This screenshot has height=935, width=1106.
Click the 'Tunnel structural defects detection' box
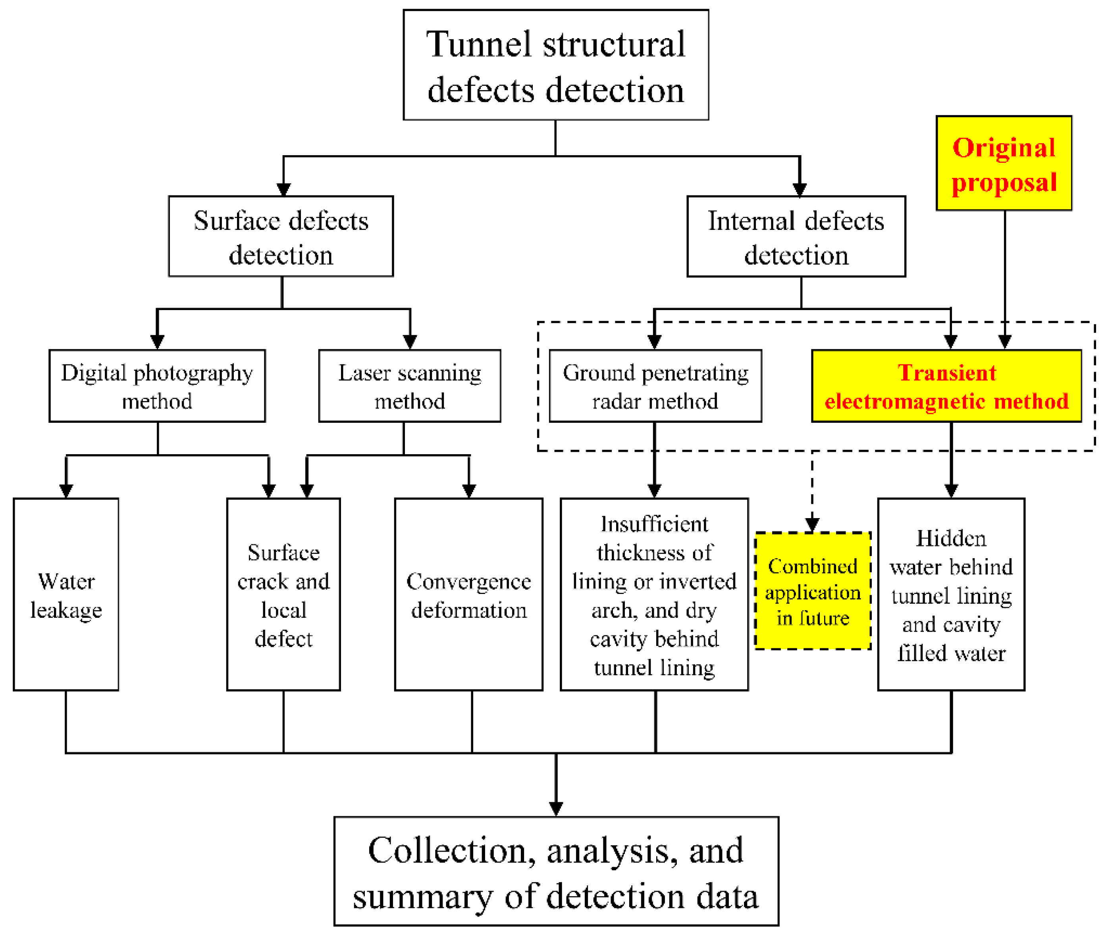[555, 65]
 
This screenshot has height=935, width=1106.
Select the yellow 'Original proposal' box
[1003, 163]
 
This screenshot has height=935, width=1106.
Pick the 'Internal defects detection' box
[796, 236]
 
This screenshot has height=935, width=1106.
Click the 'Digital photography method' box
[157, 386]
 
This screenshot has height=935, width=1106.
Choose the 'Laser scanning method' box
[409, 386]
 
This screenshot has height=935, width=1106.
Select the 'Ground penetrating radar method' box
[655, 386]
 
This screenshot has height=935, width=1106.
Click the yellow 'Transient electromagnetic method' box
[946, 386]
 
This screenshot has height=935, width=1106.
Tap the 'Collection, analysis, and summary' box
[555, 871]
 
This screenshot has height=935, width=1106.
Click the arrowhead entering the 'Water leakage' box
[66, 491]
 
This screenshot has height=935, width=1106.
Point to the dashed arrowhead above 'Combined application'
[812, 525]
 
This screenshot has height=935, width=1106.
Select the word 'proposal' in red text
[1003, 182]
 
